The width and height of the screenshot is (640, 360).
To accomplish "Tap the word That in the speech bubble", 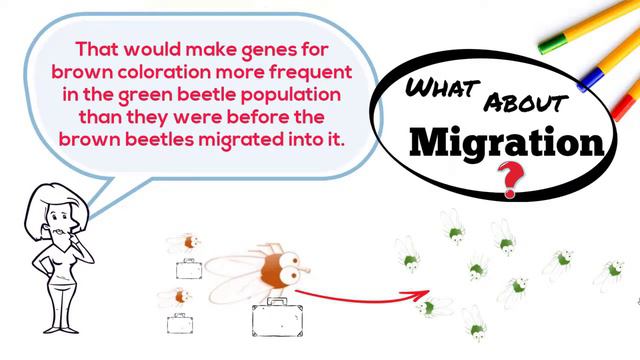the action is coord(100,48).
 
